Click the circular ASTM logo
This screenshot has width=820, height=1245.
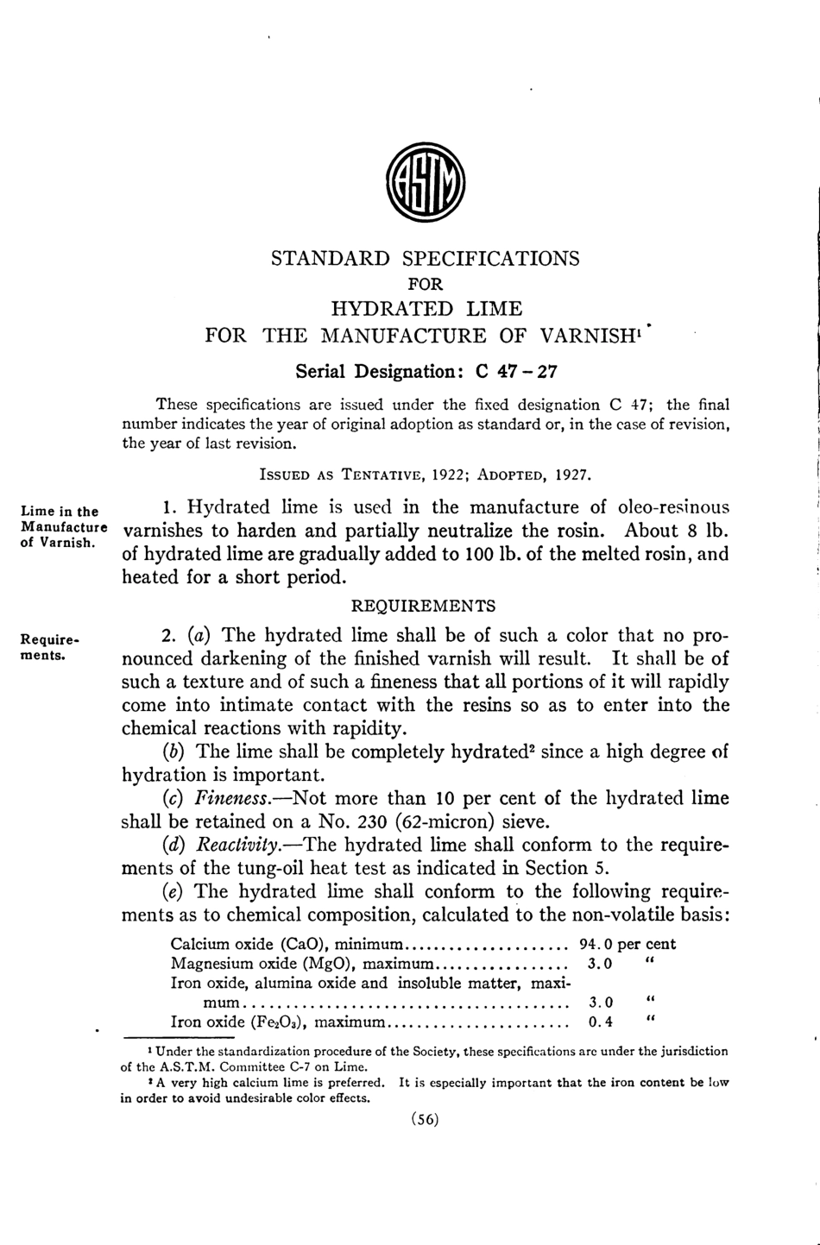pos(425,183)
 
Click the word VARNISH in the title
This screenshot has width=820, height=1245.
pos(590,336)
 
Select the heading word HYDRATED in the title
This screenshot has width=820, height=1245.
pos(392,309)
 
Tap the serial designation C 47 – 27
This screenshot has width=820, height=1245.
pos(516,372)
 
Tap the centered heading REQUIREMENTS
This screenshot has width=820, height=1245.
pos(424,606)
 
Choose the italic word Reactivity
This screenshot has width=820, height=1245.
pos(237,845)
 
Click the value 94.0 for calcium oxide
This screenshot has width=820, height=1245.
pos(595,944)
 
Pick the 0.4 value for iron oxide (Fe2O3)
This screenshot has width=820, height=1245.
pos(600,1022)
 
